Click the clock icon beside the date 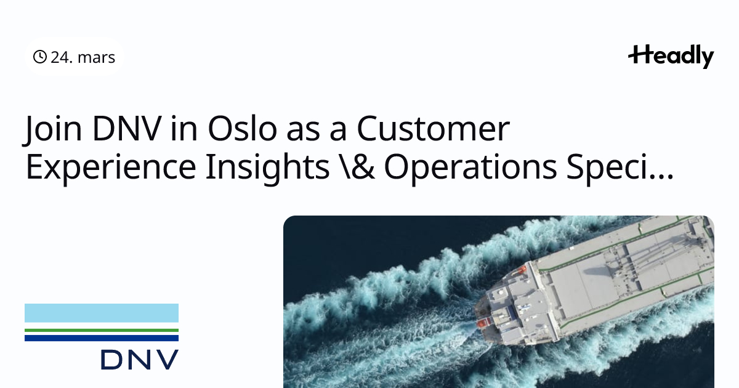40,57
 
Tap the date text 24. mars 83,57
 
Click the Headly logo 671,57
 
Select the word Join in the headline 52,129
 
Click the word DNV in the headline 127,128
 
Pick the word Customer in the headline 433,128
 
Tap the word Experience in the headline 111,168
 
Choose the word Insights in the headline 267,167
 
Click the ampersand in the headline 362,166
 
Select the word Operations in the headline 470,168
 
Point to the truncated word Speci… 620,168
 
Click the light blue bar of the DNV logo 102,313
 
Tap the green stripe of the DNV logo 102,330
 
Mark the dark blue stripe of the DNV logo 102,338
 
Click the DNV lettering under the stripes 140,360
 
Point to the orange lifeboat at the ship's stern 483,323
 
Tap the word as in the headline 303,132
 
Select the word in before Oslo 184,128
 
